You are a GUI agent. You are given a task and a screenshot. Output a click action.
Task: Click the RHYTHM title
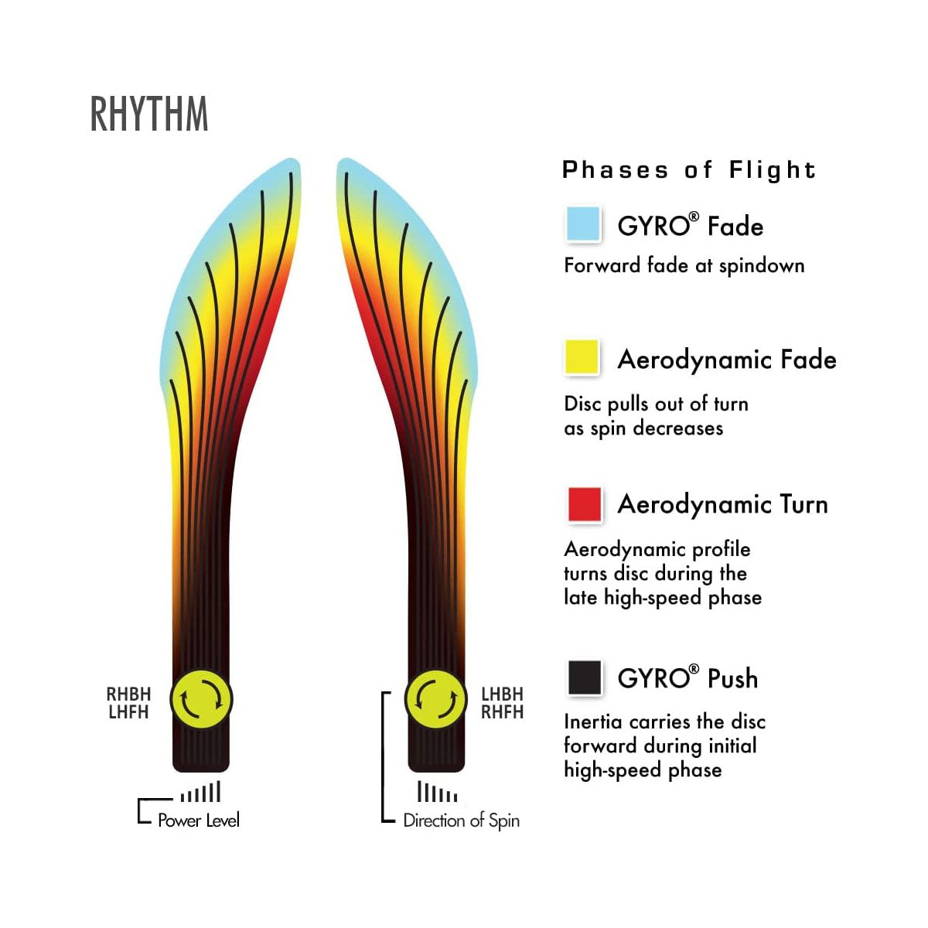(149, 114)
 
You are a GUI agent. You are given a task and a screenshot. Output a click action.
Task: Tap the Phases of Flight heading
(689, 170)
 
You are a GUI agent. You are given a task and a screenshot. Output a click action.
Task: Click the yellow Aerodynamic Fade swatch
(583, 358)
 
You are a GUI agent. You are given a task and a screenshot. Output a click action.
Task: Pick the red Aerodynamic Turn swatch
(585, 504)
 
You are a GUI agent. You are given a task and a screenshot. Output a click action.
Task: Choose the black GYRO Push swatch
(585, 678)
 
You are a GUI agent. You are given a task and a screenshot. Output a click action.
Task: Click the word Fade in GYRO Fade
(735, 227)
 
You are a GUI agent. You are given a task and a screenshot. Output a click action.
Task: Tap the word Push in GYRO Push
(732, 678)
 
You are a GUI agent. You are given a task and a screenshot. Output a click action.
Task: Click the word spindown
(762, 266)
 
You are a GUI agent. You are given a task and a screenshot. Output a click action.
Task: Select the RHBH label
(128, 694)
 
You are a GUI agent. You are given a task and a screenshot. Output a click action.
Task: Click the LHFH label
(128, 712)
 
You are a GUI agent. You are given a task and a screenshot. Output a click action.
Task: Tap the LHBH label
(502, 694)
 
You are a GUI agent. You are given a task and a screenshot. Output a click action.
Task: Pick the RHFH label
(502, 712)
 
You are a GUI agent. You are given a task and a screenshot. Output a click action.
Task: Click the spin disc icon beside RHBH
(201, 700)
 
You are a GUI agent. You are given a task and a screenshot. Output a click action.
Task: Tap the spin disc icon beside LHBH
(435, 700)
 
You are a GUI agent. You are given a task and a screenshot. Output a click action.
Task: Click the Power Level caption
(199, 821)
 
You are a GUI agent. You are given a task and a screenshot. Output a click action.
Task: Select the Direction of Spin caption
(462, 821)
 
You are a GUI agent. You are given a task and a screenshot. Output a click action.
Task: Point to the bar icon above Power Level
(200, 793)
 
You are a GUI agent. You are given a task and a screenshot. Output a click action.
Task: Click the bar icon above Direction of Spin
(437, 793)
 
